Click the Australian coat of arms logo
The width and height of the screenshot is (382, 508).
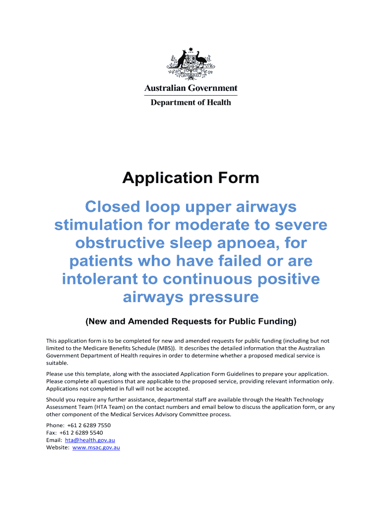(191, 63)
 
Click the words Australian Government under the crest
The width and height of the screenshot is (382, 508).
(191, 88)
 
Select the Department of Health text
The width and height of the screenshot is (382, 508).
(191, 102)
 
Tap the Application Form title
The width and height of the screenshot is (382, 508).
(191, 178)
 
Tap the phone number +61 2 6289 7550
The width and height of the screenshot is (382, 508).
(88, 425)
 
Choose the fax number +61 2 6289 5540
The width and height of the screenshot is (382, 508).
(82, 433)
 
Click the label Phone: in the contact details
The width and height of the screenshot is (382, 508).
(55, 425)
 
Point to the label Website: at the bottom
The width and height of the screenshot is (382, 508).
(58, 447)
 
